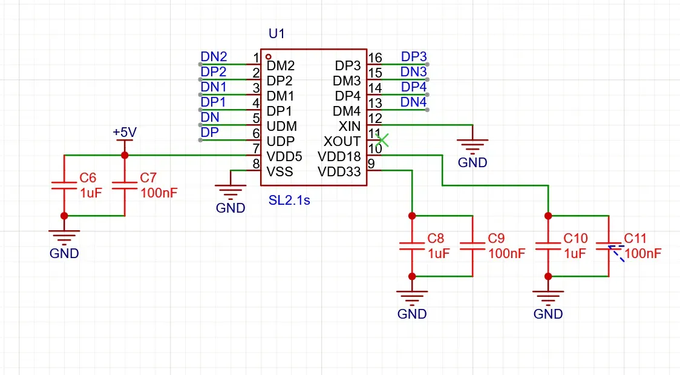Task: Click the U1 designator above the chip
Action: (x=276, y=34)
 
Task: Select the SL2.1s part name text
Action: (x=289, y=201)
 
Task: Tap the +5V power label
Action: (x=125, y=132)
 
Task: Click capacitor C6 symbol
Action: (x=64, y=185)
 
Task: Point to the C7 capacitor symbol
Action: (x=125, y=185)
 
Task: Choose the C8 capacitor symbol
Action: (x=412, y=245)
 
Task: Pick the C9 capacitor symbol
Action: (x=472, y=245)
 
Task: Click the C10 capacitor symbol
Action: (x=548, y=245)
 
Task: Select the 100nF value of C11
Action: (x=643, y=254)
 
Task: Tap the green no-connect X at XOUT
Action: (x=382, y=141)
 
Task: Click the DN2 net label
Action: (x=214, y=57)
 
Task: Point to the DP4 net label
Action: (x=414, y=87)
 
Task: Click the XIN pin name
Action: (x=350, y=127)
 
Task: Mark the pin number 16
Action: (x=375, y=58)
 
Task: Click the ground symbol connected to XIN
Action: (x=472, y=145)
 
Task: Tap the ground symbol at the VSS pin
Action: (x=230, y=191)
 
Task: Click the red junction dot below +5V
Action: (x=125, y=156)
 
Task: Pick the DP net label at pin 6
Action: (x=209, y=133)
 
